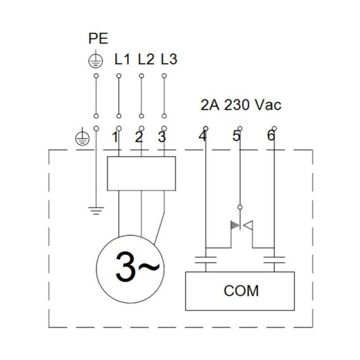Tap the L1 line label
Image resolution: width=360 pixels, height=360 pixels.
coord(122,60)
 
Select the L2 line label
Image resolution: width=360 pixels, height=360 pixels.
coord(146,60)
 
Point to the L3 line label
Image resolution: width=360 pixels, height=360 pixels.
coord(169,60)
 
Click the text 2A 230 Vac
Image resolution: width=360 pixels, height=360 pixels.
coord(241,105)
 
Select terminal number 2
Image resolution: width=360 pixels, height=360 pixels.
coord(138,137)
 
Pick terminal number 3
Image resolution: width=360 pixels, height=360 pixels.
coord(162,137)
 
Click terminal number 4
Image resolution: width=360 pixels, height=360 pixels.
coord(202,136)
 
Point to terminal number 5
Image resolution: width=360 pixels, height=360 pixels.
coord(236,136)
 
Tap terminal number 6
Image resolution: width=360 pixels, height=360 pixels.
coord(271,136)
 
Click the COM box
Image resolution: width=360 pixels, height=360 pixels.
coord(240,291)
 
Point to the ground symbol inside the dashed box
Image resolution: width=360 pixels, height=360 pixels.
coord(96,210)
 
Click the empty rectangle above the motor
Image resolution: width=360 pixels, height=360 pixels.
coord(141,173)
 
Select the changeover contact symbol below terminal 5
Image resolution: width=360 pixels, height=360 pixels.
coord(241,226)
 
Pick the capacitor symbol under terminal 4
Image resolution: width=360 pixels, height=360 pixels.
coord(205,260)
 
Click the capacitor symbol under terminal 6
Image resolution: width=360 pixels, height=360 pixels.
coord(274,260)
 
